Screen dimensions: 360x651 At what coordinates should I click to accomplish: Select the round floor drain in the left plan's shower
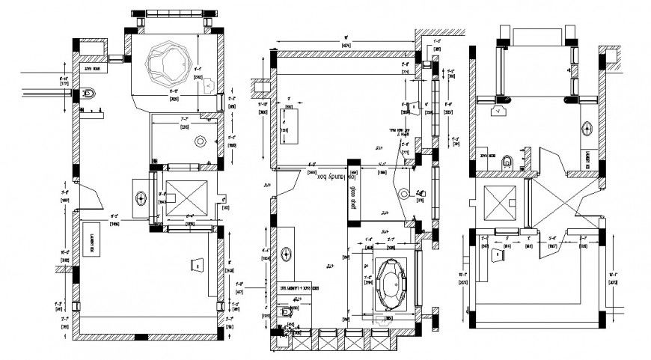tap(199, 141)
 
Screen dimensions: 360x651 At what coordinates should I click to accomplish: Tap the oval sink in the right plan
tap(588, 126)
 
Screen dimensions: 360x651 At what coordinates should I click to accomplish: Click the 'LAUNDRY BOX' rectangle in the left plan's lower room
tap(92, 240)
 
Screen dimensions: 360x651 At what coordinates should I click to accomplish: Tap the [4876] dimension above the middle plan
tap(346, 46)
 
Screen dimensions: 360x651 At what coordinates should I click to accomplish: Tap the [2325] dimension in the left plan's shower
tap(184, 127)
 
